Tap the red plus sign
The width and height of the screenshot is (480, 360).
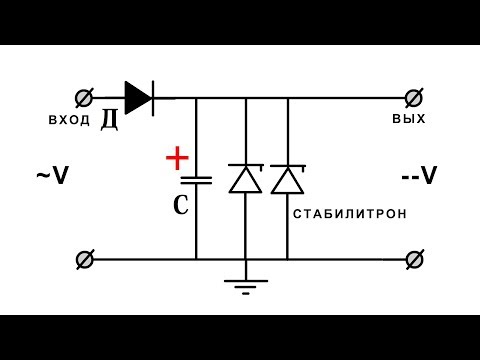pos(176,158)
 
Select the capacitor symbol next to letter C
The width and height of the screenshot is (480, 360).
pos(196,181)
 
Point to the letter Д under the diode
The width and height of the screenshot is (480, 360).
pos(110,121)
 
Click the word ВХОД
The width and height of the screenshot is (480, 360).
pos(69,119)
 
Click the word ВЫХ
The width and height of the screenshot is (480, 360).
pos(410,118)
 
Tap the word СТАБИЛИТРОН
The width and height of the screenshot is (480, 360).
pos(351,215)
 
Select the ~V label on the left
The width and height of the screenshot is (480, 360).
pos(52,176)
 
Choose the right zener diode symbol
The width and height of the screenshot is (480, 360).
pos(288,178)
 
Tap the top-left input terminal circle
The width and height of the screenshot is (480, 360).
pos(85,97)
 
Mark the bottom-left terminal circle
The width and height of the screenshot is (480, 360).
pos(85,259)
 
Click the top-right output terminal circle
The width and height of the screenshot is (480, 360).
pos(411,97)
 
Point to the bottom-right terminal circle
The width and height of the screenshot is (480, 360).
pos(411,259)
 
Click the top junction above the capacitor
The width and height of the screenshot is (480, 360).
pos(196,97)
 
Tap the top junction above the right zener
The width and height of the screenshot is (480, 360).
pos(288,97)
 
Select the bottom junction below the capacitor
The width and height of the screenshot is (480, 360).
pos(196,259)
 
